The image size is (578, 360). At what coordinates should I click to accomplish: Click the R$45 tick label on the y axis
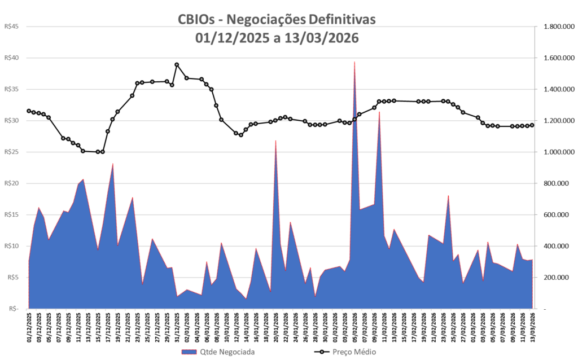[x=11, y=26]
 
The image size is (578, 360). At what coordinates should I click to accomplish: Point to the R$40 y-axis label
[x=11, y=58]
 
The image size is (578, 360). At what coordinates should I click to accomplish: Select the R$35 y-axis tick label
[x=11, y=89]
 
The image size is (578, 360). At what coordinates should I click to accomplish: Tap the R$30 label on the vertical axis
[x=11, y=121]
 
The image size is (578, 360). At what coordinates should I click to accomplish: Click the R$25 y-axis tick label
[x=11, y=152]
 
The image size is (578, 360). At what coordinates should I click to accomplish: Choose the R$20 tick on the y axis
[x=11, y=183]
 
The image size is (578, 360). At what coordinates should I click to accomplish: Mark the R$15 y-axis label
[x=11, y=214]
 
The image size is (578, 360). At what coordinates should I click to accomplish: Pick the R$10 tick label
[x=11, y=246]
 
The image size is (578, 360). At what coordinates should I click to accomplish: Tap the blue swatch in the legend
[x=189, y=352]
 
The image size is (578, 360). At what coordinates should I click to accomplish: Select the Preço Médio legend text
[x=354, y=352]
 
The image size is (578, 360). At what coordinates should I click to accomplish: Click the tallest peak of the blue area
[x=354, y=62]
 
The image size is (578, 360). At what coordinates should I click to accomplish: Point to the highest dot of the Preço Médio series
[x=177, y=65]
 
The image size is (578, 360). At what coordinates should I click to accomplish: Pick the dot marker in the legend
[x=322, y=352]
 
